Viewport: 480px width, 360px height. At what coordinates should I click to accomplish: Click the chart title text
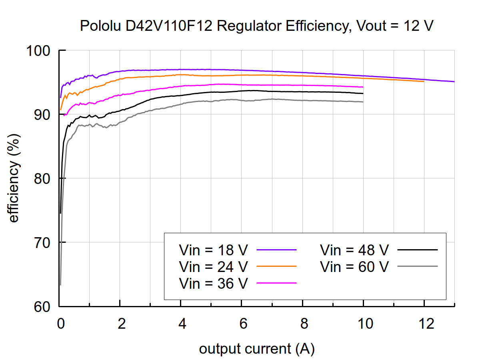[x=256, y=26]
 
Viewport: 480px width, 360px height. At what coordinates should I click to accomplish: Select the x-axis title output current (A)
[x=256, y=349]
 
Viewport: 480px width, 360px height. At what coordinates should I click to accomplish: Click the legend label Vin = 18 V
[x=214, y=250]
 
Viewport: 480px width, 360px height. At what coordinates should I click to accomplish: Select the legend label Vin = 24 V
[x=214, y=266]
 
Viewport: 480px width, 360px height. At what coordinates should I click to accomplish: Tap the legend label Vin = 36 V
[x=214, y=283]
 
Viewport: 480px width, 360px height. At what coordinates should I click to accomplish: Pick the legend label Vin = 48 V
[x=354, y=250]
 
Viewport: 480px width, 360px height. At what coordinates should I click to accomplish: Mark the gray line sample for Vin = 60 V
[x=418, y=266]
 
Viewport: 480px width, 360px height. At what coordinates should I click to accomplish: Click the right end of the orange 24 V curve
[x=424, y=81]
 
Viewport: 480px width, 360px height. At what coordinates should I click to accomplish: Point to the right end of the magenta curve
[x=363, y=87]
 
